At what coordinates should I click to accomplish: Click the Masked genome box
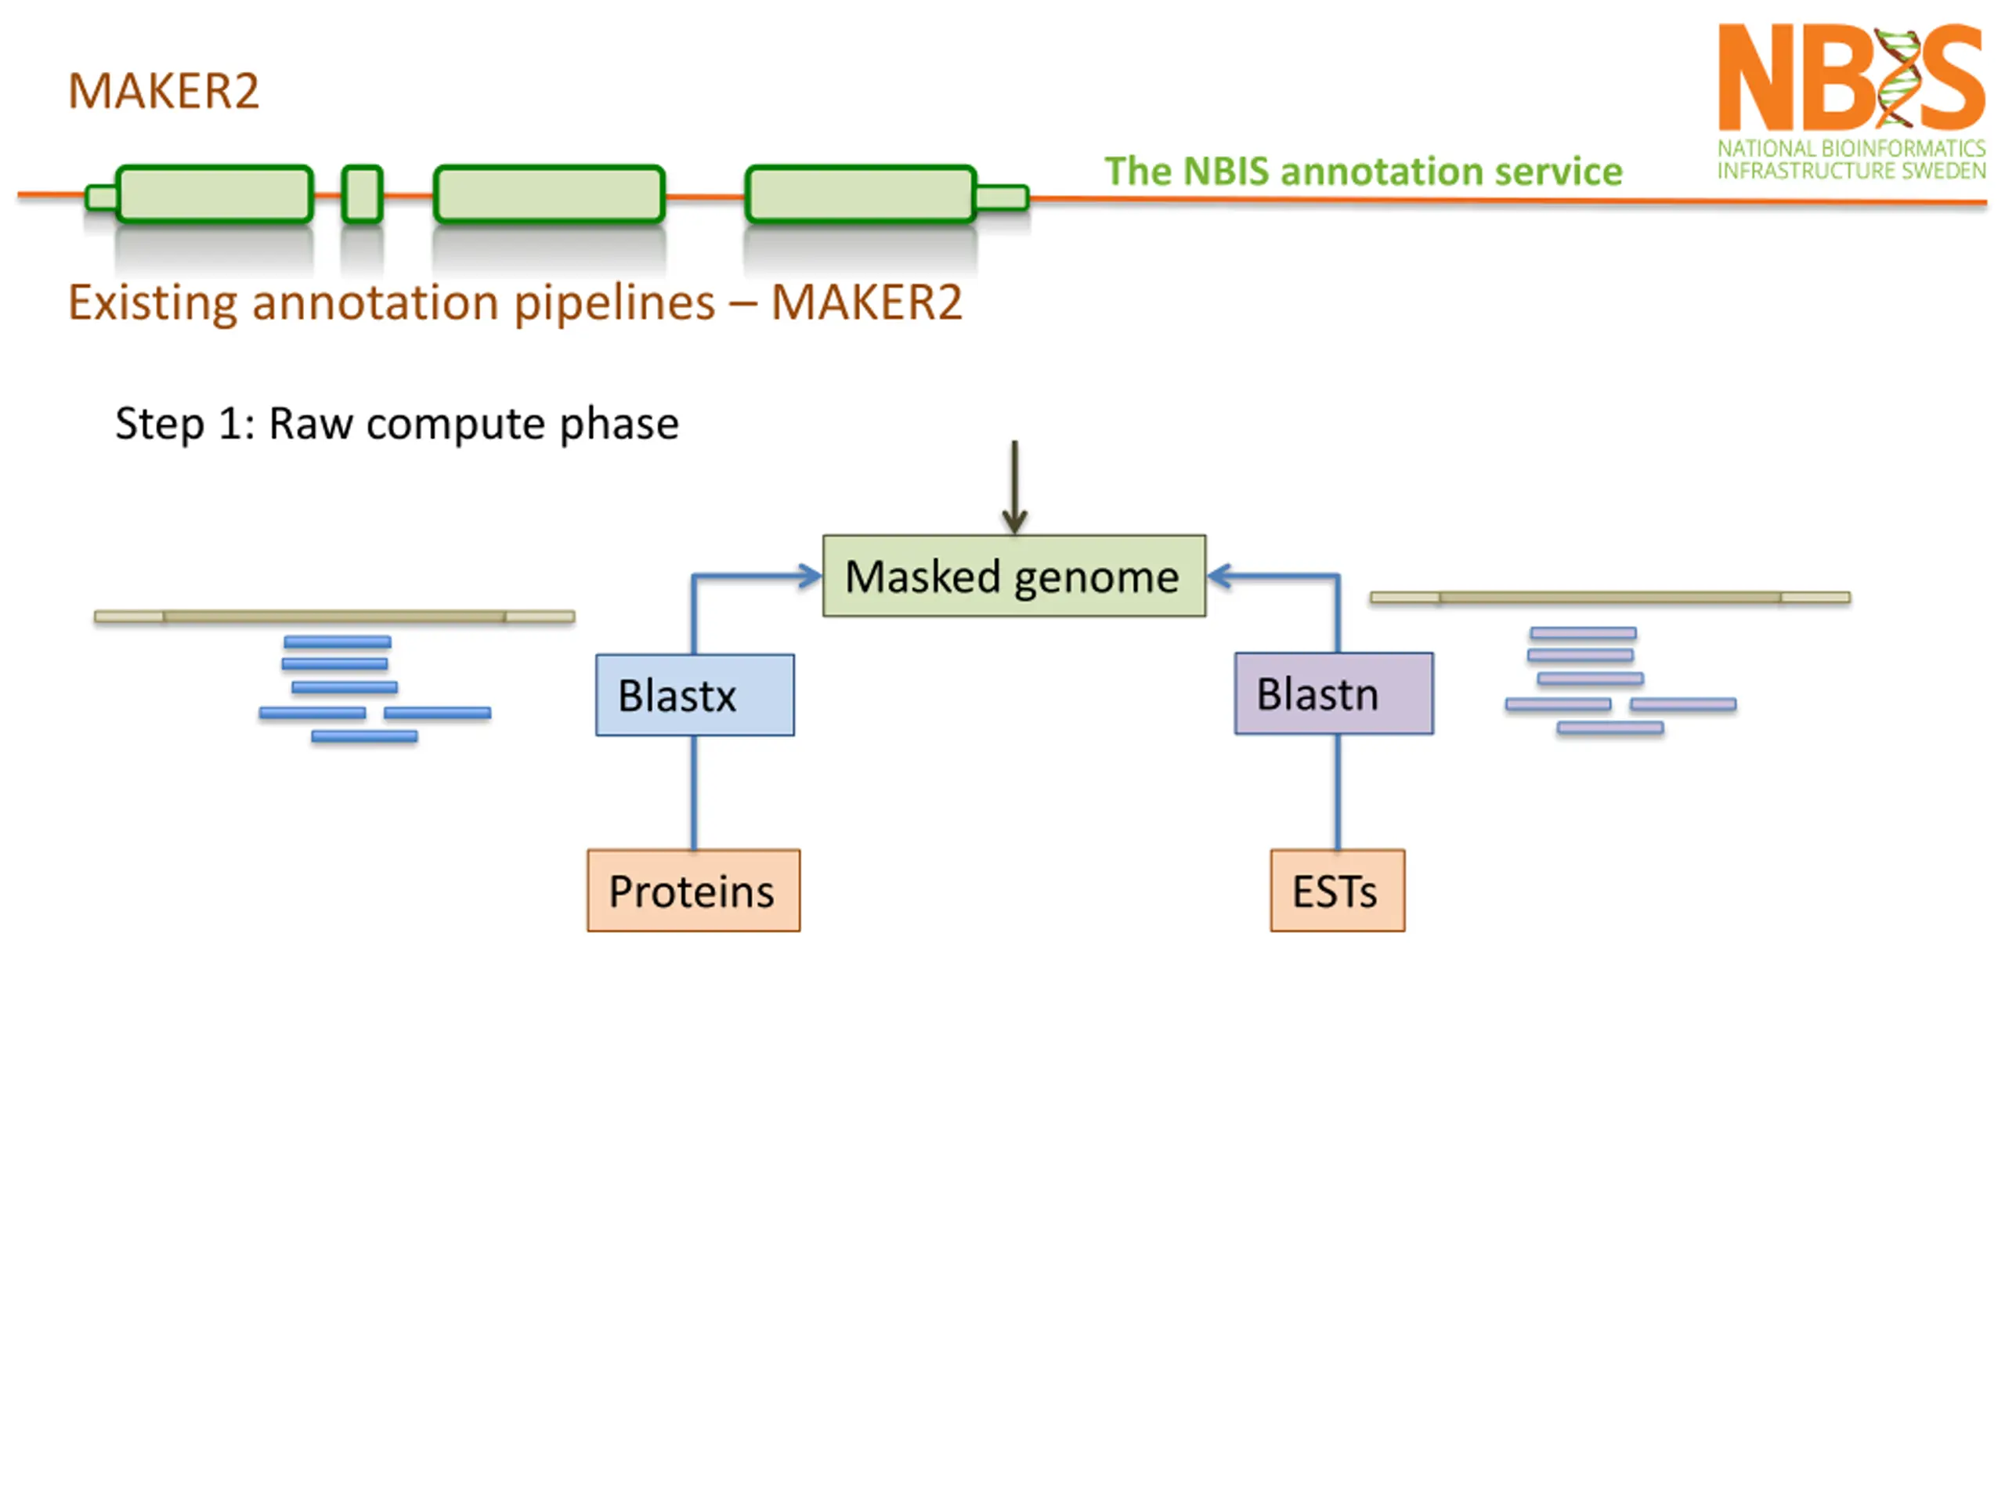1013,576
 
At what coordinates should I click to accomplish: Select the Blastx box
695,695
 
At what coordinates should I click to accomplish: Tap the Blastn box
1333,693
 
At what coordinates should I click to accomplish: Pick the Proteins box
693,890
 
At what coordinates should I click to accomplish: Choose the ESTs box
1337,890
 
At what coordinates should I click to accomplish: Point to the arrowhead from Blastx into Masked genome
809,576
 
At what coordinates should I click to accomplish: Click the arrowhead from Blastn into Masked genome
1220,576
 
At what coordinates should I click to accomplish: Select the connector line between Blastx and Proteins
695,793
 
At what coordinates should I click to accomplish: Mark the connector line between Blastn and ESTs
1337,791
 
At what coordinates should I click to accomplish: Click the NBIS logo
1851,100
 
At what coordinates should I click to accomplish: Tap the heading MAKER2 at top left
164,91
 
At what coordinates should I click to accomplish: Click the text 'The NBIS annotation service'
1362,171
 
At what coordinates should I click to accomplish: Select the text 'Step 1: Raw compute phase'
397,423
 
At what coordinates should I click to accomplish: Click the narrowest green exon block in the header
362,193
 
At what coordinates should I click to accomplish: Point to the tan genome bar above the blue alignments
334,616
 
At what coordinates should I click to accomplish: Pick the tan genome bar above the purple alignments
1609,598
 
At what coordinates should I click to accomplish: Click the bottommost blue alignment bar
364,736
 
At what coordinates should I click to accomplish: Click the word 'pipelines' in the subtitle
615,303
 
